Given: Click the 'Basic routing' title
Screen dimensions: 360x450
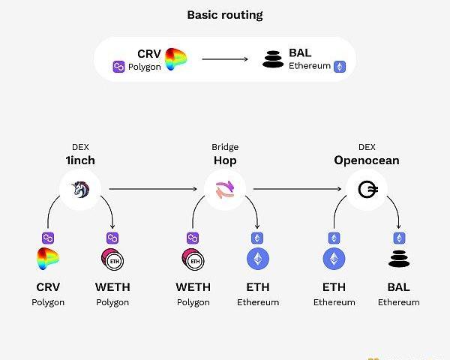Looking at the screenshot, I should [x=225, y=15].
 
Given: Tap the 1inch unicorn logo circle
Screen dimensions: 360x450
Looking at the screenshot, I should [x=79, y=190].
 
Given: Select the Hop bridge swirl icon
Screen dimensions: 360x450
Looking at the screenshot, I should [x=225, y=190].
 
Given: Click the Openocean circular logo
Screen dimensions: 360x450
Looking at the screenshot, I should [x=367, y=190].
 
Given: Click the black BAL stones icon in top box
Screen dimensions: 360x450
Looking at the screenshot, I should [x=274, y=59].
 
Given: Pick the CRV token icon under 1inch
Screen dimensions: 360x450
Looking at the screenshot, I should [x=48, y=259].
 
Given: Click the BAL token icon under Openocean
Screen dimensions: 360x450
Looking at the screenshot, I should [x=398, y=259].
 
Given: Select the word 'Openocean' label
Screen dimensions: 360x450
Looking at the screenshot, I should [x=367, y=160].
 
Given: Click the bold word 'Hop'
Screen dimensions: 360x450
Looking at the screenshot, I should [x=225, y=160].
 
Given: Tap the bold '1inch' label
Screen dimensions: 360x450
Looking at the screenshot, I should [x=79, y=160].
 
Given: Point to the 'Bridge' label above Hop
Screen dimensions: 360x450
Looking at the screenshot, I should [x=225, y=148].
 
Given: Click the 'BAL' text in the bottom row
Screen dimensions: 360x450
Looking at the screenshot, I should [x=398, y=287].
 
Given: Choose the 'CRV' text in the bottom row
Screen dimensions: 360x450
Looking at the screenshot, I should [x=48, y=287].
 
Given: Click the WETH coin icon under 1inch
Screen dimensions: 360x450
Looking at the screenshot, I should [x=112, y=259].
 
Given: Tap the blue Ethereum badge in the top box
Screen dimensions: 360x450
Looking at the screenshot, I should [x=340, y=67].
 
